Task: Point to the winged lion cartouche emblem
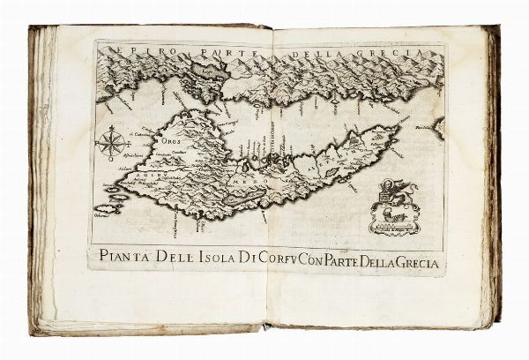coord(393,207)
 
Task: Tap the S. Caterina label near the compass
coord(138,134)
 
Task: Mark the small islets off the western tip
coord(108,208)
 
